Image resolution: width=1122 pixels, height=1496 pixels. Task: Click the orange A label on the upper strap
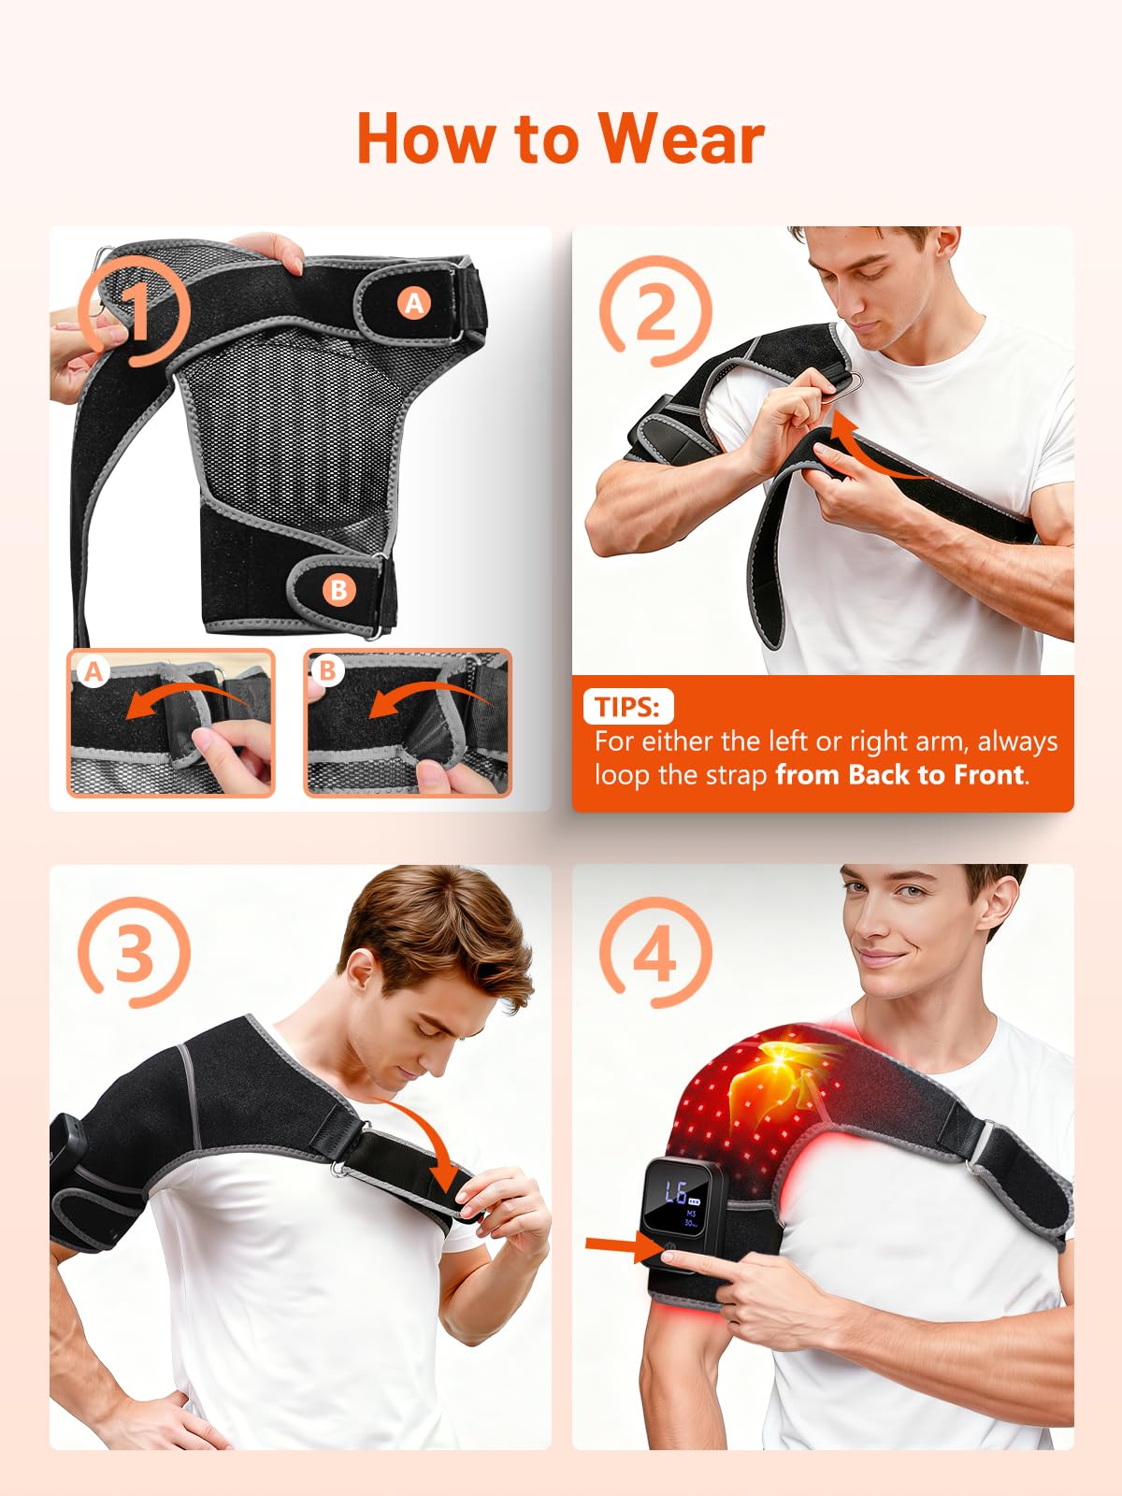click(414, 303)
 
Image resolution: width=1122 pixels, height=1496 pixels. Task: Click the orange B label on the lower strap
click(338, 590)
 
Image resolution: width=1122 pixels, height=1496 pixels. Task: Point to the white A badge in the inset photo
click(93, 671)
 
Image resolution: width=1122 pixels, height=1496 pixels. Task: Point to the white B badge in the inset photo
click(327, 670)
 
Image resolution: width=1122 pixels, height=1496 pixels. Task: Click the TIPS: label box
click(628, 707)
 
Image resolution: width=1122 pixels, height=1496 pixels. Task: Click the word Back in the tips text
click(879, 775)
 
